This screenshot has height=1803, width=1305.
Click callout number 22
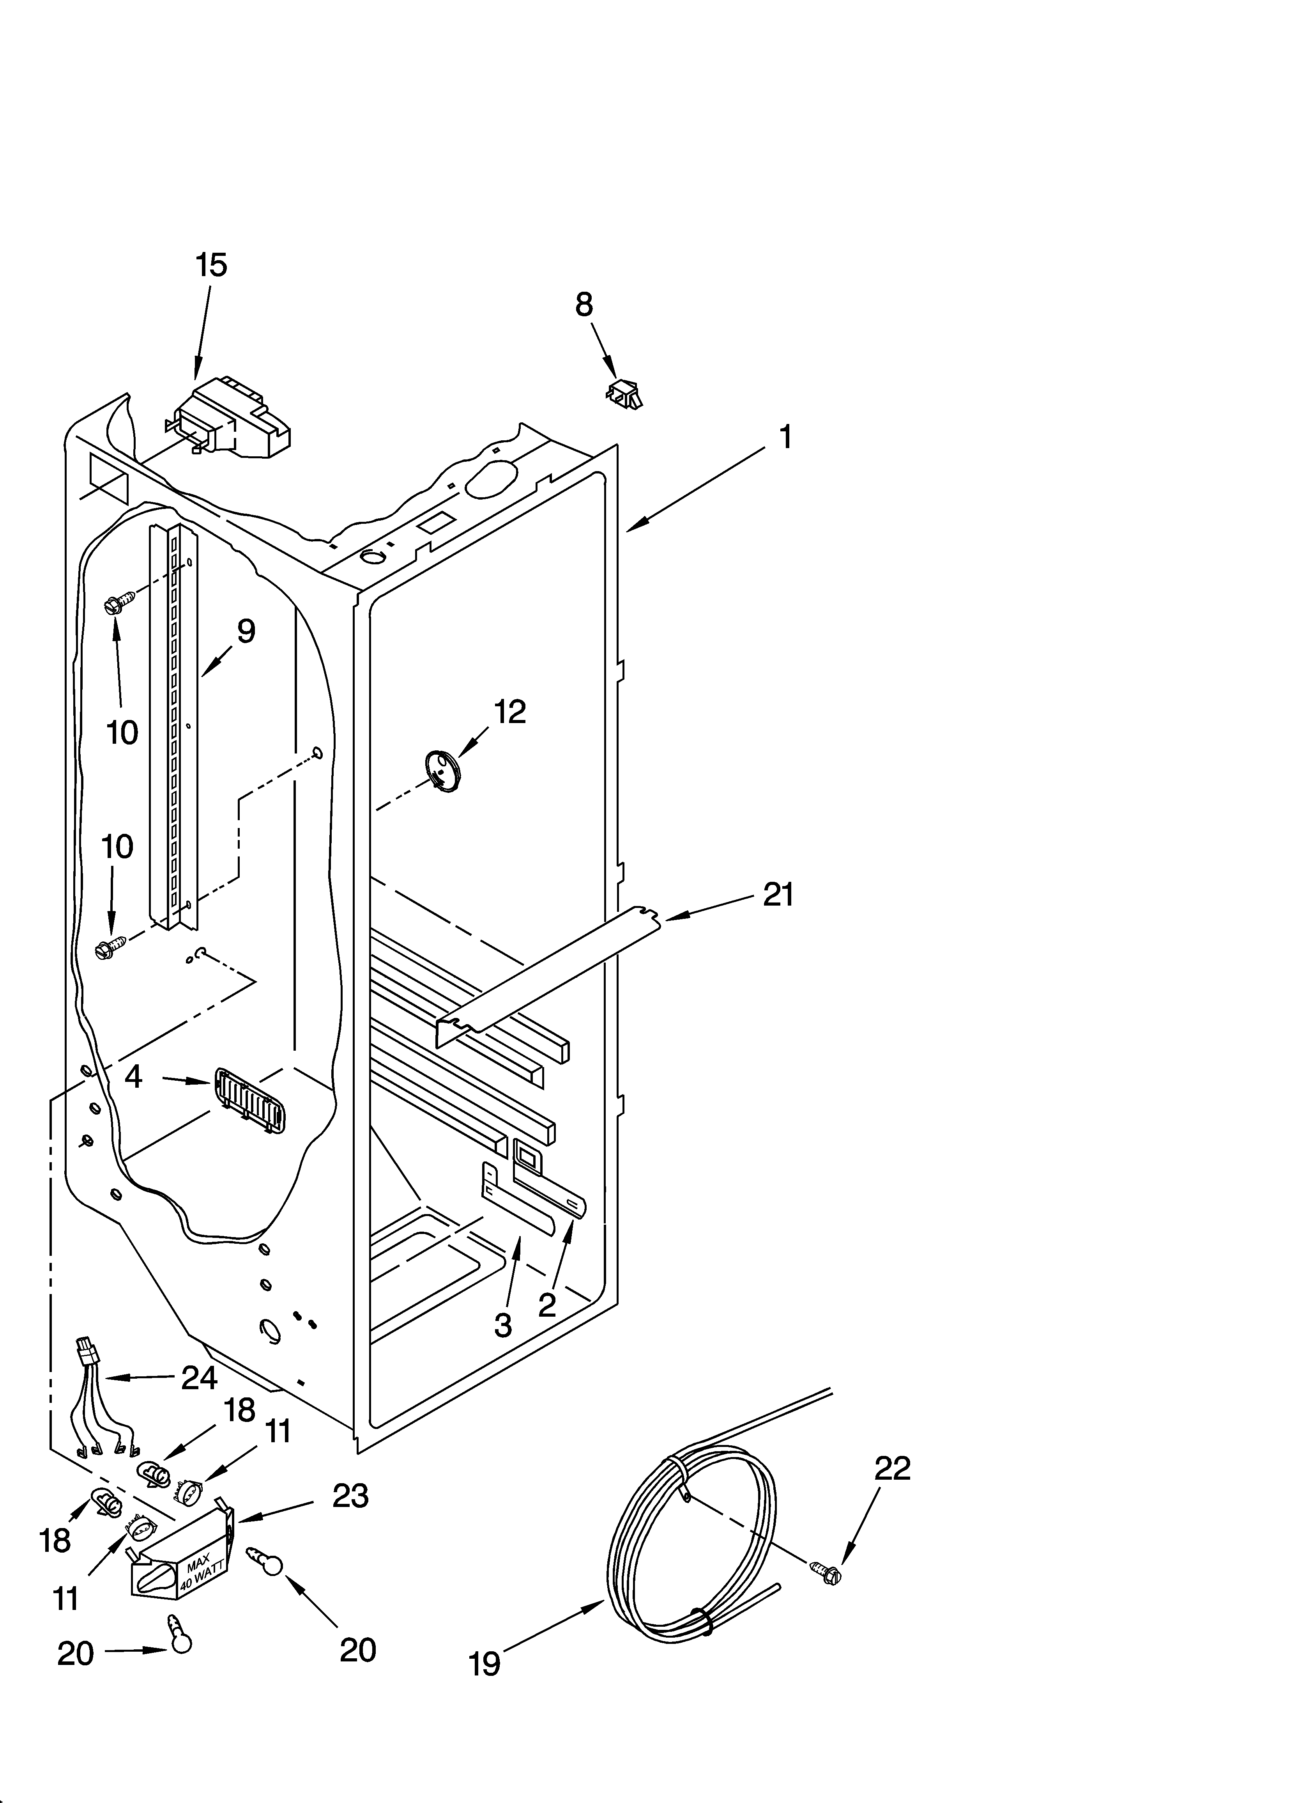[x=892, y=1468]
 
